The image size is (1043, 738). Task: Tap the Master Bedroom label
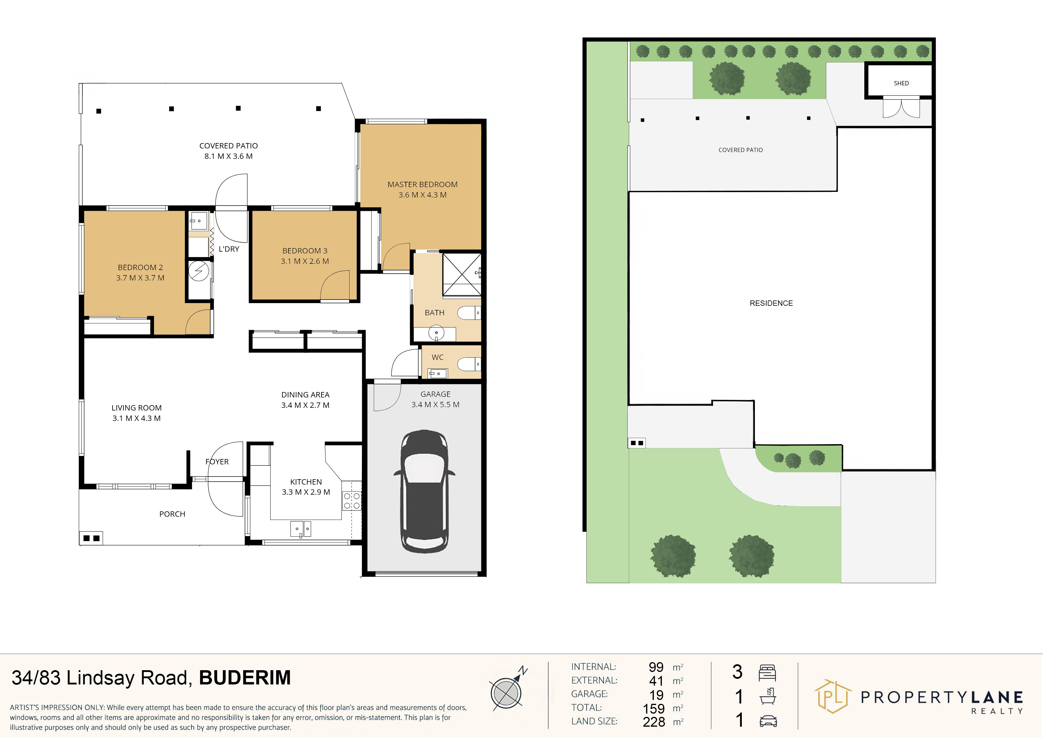coord(422,184)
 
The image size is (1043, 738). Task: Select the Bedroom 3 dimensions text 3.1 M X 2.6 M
coord(305,261)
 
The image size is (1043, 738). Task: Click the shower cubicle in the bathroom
coord(461,275)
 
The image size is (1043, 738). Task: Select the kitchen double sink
coord(301,529)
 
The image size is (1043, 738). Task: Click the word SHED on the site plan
coord(901,83)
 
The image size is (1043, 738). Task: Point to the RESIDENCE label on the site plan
coord(771,303)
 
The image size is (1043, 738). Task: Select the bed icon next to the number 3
coord(767,673)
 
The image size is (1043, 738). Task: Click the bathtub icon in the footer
coord(767,696)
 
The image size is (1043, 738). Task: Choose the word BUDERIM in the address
coord(245,678)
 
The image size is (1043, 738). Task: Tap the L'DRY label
coord(229,249)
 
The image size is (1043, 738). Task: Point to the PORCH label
coord(172,514)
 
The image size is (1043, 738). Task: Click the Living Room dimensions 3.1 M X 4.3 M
coord(136,418)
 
